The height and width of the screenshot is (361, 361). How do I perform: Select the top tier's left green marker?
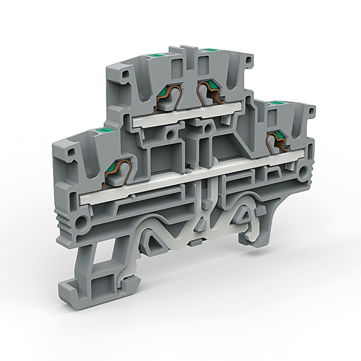[x=155, y=55]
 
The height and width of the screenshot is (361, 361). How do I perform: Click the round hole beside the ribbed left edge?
[x=82, y=222]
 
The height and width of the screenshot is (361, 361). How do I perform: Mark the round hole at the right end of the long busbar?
[x=303, y=172]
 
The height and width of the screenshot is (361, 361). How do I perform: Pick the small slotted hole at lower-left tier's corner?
[x=71, y=152]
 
